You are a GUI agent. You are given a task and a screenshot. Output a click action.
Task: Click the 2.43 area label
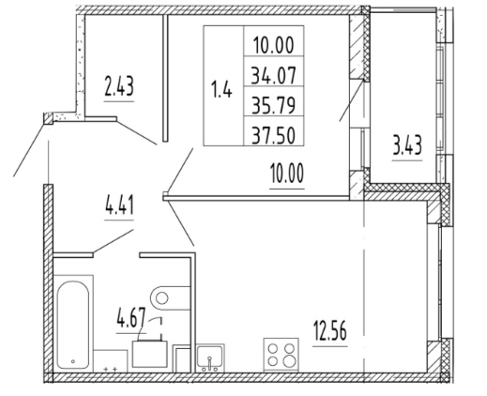pyautogui.click(x=119, y=86)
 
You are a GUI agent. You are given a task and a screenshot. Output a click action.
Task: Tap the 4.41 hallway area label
pyautogui.click(x=119, y=205)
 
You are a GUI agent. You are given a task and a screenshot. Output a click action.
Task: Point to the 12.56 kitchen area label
pyautogui.click(x=330, y=331)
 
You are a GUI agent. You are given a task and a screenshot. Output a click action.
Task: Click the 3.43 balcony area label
pyautogui.click(x=407, y=145)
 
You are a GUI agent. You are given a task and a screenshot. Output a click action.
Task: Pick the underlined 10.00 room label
pyautogui.click(x=287, y=174)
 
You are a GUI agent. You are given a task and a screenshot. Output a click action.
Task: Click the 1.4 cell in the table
pyautogui.click(x=221, y=89)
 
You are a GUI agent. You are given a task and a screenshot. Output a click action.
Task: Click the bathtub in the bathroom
pyautogui.click(x=73, y=324)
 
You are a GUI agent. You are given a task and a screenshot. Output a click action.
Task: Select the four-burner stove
pyautogui.click(x=281, y=355)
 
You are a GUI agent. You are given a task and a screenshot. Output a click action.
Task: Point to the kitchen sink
pyautogui.click(x=210, y=358)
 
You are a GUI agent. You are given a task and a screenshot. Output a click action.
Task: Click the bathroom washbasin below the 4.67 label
pyautogui.click(x=149, y=354)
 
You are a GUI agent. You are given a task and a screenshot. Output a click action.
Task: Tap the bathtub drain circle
pyautogui.click(x=73, y=361)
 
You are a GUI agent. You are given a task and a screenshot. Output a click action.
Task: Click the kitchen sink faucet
pyautogui.click(x=209, y=364)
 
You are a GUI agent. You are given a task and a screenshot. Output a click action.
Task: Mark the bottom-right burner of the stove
pyautogui.click(x=289, y=361)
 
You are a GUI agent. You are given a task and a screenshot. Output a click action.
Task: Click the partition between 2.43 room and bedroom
pyautogui.click(x=166, y=78)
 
